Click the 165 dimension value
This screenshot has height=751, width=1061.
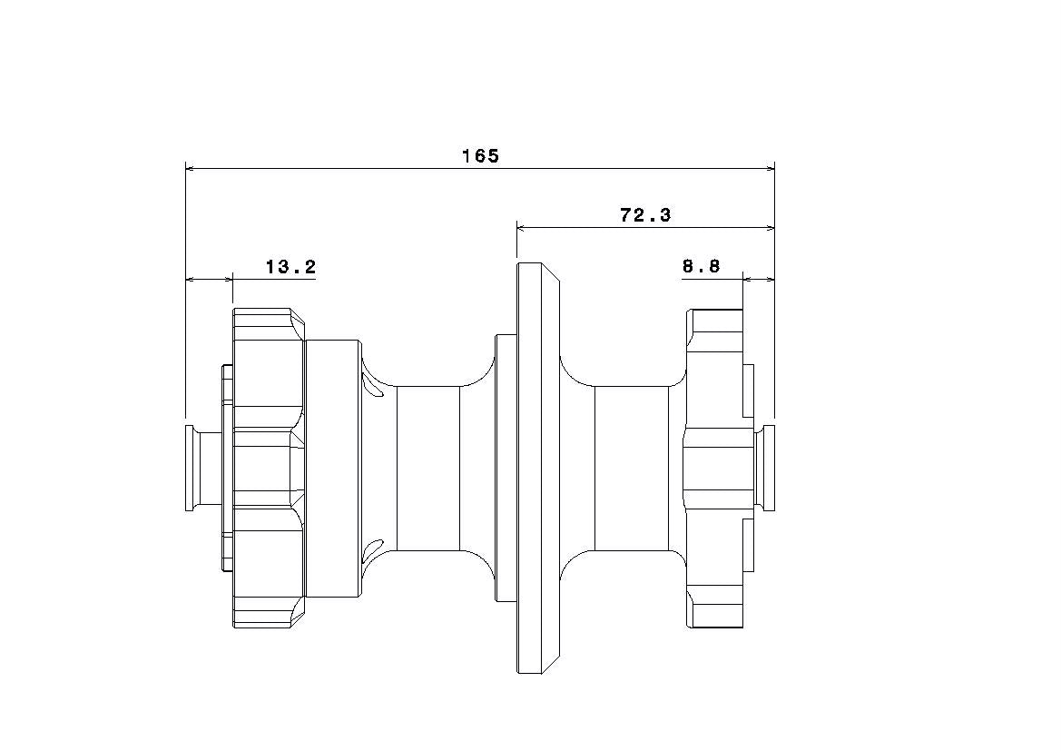(480, 156)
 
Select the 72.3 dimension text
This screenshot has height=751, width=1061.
(645, 215)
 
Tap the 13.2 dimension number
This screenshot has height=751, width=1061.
(290, 267)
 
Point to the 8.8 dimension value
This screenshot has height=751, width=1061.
(701, 266)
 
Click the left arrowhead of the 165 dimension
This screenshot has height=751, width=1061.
(191, 167)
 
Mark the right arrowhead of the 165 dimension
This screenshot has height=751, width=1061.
(770, 167)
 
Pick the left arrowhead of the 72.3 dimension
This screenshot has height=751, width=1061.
(523, 228)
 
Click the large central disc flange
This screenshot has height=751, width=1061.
(538, 468)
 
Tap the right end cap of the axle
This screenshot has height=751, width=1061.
(767, 468)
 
